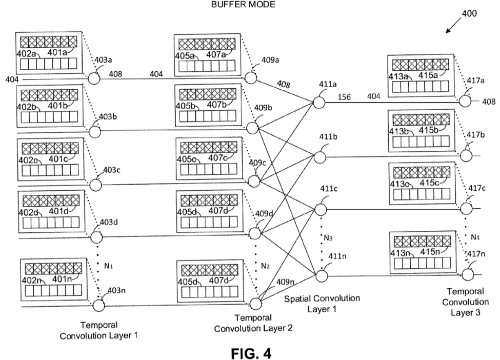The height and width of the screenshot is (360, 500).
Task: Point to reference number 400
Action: [468, 14]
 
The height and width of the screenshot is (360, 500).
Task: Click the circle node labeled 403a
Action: [94, 79]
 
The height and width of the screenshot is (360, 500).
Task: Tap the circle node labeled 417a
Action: [465, 102]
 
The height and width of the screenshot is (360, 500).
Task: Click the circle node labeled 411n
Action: [319, 276]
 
